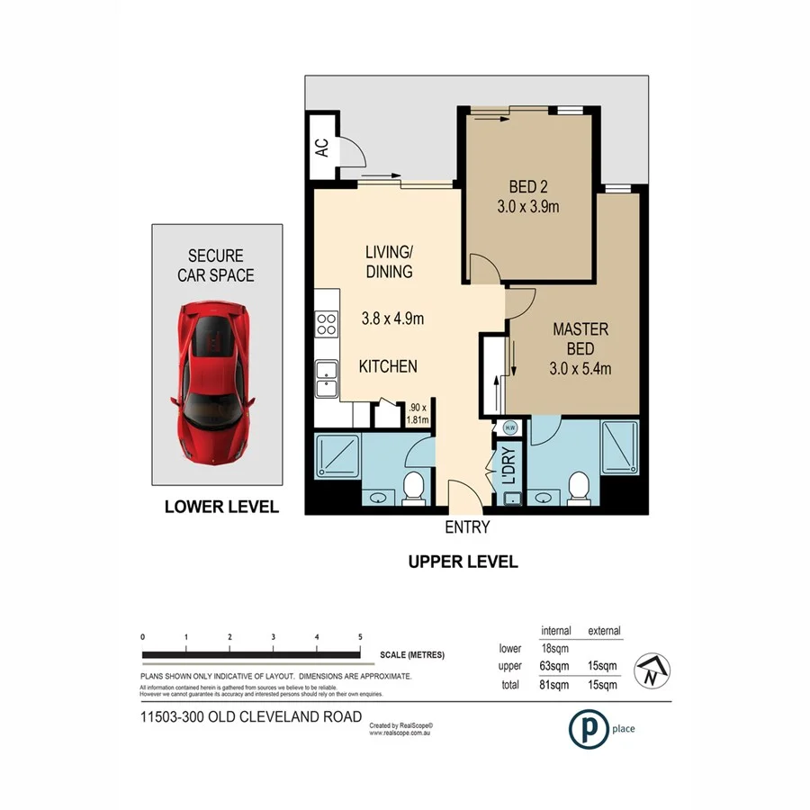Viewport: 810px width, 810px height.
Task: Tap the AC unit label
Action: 321,148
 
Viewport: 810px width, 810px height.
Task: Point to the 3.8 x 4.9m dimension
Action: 392,318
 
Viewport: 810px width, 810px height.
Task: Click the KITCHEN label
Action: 388,366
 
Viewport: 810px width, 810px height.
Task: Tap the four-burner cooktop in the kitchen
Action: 326,324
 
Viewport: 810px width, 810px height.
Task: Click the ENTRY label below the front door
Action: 466,527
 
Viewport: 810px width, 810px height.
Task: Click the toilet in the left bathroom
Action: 413,488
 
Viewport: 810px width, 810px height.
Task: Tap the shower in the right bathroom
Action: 620,448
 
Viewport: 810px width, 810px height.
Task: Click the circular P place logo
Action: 585,728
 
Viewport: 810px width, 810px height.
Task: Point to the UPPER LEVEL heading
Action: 463,562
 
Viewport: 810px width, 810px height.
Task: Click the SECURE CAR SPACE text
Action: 216,266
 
